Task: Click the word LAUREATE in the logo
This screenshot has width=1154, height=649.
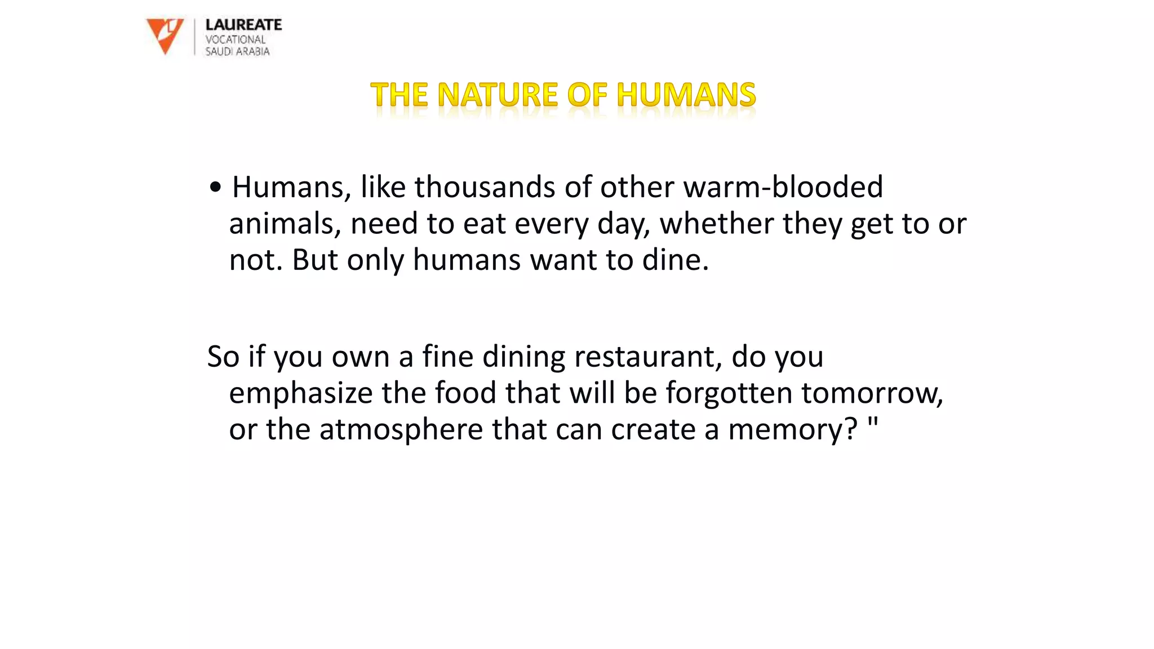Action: pos(243,25)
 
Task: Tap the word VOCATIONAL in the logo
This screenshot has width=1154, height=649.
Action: pos(235,39)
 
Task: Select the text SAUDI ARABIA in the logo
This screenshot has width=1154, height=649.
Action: pos(237,51)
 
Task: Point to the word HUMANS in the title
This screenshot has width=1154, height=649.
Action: pos(686,95)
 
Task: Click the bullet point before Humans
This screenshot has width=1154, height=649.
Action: pos(215,188)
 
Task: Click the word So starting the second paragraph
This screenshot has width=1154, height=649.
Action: pos(223,357)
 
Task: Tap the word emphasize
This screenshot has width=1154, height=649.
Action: pos(300,393)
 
